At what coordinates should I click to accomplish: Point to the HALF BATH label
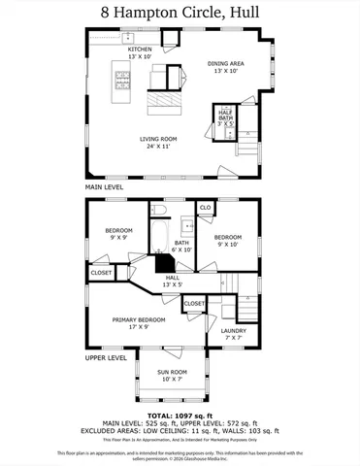coord(224,116)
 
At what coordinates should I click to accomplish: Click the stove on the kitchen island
coord(124,75)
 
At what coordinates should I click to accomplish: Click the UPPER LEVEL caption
coord(107,358)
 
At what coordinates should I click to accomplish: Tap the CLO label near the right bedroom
coord(205,208)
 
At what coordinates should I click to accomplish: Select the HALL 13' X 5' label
coord(172,282)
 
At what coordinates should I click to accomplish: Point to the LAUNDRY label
coord(234,333)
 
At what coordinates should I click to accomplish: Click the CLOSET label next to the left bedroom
coord(101,273)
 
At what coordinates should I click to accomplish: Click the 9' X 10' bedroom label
coord(228,240)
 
